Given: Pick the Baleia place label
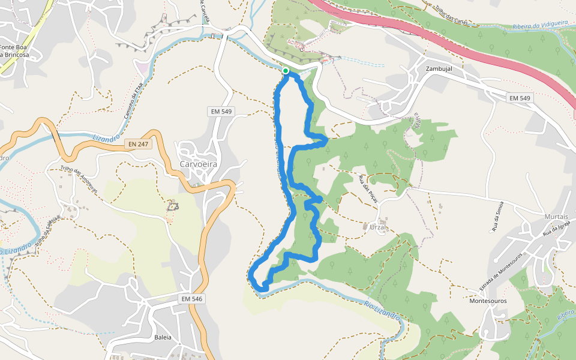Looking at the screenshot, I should [x=163, y=337].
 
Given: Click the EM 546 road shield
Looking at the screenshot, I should [x=193, y=299].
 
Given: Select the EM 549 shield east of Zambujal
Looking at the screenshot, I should [x=520, y=98].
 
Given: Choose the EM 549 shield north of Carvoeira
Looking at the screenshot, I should [x=221, y=111].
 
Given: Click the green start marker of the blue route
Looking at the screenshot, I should [x=286, y=71].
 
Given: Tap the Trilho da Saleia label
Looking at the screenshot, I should [x=49, y=230].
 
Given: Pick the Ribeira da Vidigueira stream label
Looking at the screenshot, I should [x=540, y=25].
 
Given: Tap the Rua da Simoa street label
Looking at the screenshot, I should [x=497, y=217].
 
